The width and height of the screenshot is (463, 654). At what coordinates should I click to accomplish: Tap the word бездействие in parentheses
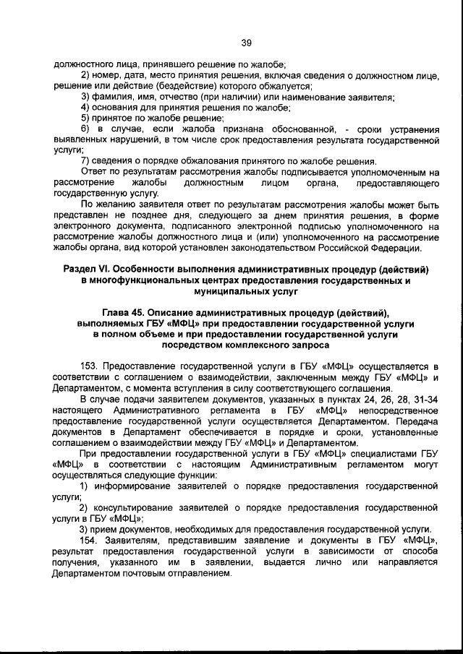(154, 85)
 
